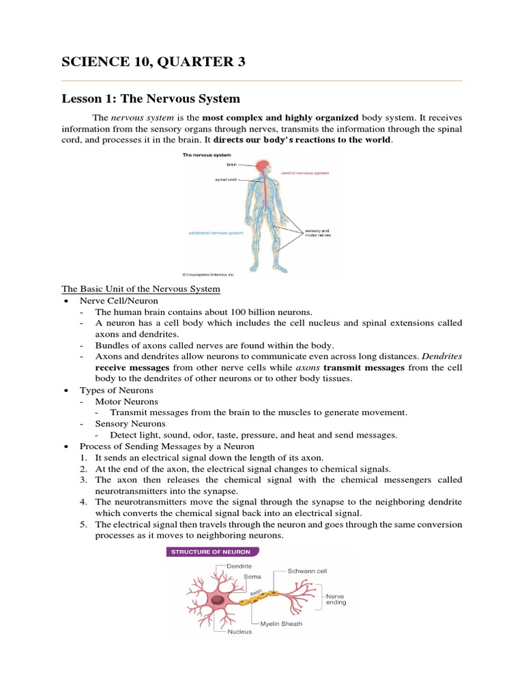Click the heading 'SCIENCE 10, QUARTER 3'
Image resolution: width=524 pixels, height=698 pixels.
point(153,62)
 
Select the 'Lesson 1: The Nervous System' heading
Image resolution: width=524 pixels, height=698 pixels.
point(151,99)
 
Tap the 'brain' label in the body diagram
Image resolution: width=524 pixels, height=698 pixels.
point(231,164)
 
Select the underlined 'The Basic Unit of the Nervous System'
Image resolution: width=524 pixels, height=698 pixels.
point(141,289)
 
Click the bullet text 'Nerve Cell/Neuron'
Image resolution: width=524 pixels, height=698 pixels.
point(119,301)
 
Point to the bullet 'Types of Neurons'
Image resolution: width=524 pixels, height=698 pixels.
point(117,391)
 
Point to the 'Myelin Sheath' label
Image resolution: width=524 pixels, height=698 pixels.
point(281,623)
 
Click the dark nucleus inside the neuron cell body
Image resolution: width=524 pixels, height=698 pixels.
point(218,601)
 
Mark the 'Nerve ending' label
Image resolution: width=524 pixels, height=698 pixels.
point(336,598)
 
